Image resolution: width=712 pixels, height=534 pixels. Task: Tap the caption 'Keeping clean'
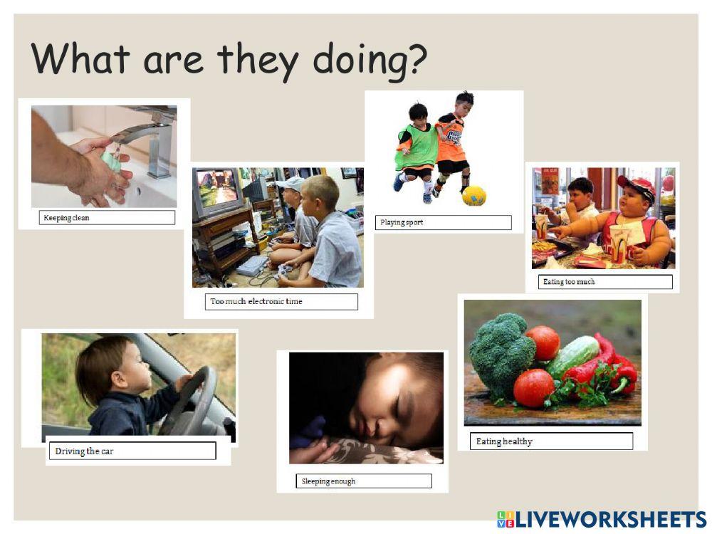[x=66, y=217]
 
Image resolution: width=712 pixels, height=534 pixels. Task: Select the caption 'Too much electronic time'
[x=256, y=301]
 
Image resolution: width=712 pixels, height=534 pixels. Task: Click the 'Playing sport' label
[x=402, y=222]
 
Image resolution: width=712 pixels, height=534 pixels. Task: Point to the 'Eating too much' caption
[x=568, y=281]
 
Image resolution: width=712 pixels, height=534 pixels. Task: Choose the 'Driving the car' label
[x=84, y=451]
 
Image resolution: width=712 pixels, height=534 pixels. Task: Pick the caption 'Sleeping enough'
[x=328, y=481]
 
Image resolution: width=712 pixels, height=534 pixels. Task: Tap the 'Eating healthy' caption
[x=504, y=441]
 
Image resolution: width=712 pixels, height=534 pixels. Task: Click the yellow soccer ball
[x=474, y=196]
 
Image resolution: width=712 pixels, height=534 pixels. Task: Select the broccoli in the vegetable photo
[x=501, y=354]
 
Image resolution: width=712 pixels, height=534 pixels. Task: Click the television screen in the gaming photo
[x=217, y=187]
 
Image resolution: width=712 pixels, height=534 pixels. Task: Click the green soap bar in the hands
[x=112, y=162]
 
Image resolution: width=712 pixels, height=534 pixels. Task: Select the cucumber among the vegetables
[x=572, y=357]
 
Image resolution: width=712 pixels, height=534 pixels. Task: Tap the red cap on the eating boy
[x=637, y=186]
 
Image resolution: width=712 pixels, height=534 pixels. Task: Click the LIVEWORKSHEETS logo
[x=602, y=520]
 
